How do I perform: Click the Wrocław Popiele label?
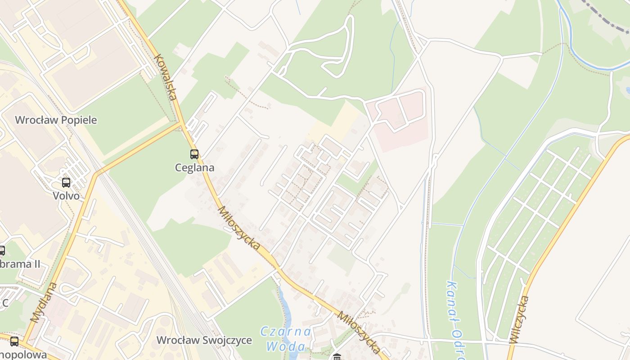56,120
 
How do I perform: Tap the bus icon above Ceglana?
194,154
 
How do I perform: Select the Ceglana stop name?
194,168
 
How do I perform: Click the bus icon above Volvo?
66,182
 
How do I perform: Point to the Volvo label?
66,196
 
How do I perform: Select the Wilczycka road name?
519,319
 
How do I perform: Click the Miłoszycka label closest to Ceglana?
239,228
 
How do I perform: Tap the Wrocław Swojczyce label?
204,340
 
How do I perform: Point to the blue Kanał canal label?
454,315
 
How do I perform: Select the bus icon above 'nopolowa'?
14,341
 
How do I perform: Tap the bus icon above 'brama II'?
1,250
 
